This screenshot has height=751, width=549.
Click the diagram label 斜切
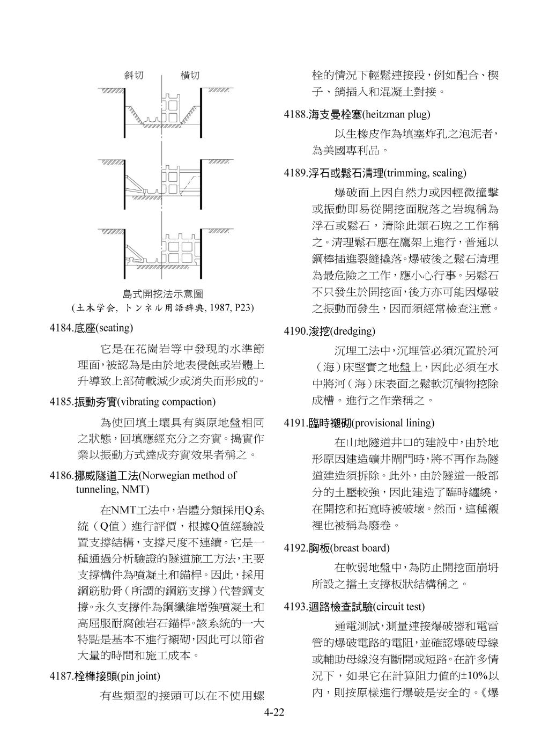pos(134,76)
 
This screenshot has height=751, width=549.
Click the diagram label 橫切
pos(189,76)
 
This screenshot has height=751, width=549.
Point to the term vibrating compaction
pos(166,401)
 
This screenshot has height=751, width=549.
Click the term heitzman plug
pos(396,114)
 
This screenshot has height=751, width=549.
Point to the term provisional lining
pos(392,423)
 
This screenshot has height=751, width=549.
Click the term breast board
pos(359,548)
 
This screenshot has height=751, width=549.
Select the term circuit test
pos(398,607)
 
